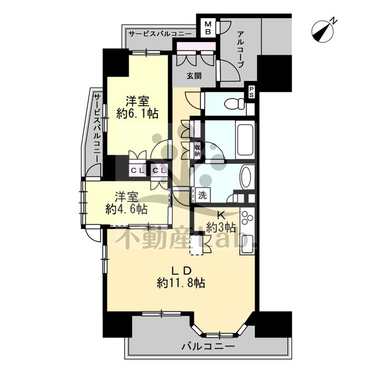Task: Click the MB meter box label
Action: (208, 28)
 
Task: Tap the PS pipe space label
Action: (251, 92)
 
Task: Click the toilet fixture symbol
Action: (235, 104)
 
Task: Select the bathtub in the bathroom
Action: (246, 140)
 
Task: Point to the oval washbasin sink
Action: (246, 177)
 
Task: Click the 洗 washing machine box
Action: (202, 195)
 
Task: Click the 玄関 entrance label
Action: (194, 76)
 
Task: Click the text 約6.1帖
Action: (138, 114)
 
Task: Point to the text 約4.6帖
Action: (126, 209)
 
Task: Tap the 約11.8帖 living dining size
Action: (181, 283)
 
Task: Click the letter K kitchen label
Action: (221, 216)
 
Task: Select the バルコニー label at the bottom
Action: (208, 347)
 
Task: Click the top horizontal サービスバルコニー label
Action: (160, 34)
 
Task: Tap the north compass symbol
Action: (322, 31)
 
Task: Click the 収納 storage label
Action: (197, 150)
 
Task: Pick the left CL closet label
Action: (138, 170)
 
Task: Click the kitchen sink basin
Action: (247, 243)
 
